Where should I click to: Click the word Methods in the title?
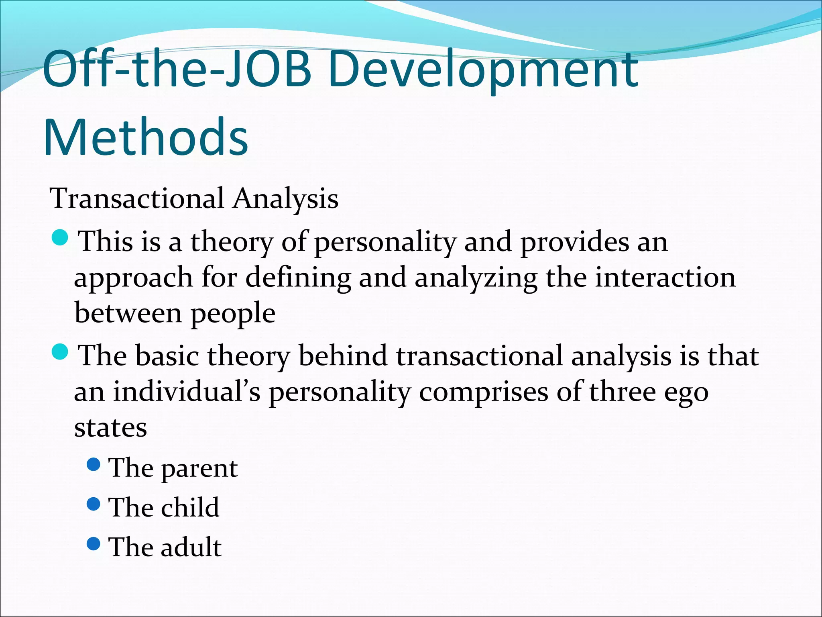tap(145, 137)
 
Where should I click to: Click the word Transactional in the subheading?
tap(136, 198)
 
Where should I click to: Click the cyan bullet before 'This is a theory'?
tap(61, 239)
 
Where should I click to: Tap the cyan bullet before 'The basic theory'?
tap(61, 352)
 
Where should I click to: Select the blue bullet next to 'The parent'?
tap(93, 465)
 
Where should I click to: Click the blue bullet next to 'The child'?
tap(93, 505)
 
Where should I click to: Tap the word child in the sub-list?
tap(190, 507)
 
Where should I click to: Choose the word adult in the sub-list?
tap(191, 547)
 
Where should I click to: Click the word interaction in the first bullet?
tap(665, 278)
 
